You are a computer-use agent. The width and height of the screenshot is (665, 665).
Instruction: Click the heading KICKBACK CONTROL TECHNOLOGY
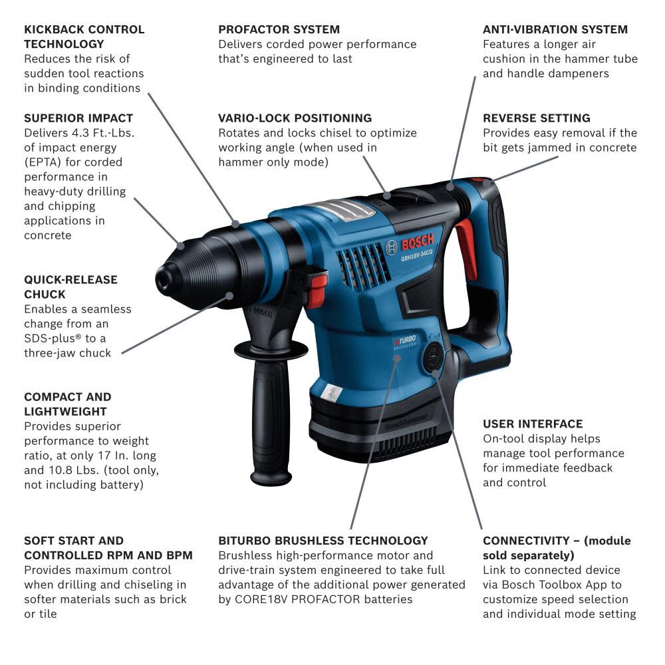(84, 37)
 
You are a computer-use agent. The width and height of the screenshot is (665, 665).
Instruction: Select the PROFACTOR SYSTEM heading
(279, 29)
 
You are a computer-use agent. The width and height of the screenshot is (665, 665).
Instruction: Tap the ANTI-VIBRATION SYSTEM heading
(555, 29)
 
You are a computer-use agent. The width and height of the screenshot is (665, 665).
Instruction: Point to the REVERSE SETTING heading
(536, 118)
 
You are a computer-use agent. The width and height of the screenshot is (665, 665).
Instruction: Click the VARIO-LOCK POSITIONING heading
(295, 118)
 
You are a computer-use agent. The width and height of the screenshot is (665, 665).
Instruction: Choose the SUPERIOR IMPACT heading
(78, 118)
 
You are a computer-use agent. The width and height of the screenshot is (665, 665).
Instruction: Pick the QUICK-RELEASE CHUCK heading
(70, 287)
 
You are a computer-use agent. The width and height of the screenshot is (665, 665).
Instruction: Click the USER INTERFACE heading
(532, 424)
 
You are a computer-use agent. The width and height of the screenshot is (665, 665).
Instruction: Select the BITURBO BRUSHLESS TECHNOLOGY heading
(323, 541)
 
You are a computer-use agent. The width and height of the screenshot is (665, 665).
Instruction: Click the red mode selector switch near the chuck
(318, 289)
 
